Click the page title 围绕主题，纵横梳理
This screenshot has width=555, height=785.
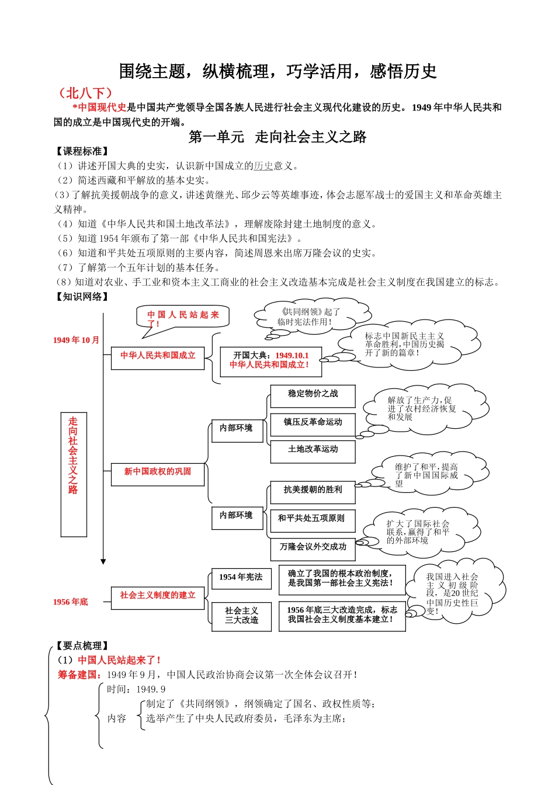[x=277, y=71]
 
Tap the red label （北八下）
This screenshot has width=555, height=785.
[x=85, y=93]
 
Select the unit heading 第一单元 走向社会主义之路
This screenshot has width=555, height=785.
[x=277, y=137]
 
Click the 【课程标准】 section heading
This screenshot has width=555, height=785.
[x=82, y=151]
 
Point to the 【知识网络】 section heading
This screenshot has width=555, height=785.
[x=82, y=297]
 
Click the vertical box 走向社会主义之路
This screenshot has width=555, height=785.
[x=74, y=474]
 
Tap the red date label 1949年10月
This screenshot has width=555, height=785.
[x=76, y=340]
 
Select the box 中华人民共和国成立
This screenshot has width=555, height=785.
[x=158, y=356]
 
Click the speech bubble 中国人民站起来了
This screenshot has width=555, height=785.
[x=183, y=318]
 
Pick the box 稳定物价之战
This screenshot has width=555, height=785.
[x=313, y=394]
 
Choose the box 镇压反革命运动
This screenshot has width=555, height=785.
[x=313, y=422]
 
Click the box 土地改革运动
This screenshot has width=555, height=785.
[x=313, y=450]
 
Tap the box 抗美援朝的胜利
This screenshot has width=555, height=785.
[x=313, y=491]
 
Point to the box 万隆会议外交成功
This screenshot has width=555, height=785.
[x=313, y=547]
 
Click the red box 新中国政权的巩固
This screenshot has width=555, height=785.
[x=158, y=472]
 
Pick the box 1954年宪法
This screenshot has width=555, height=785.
[x=241, y=578]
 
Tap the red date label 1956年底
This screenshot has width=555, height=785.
[x=70, y=602]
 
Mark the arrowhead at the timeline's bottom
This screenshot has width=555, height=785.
[x=103, y=562]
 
